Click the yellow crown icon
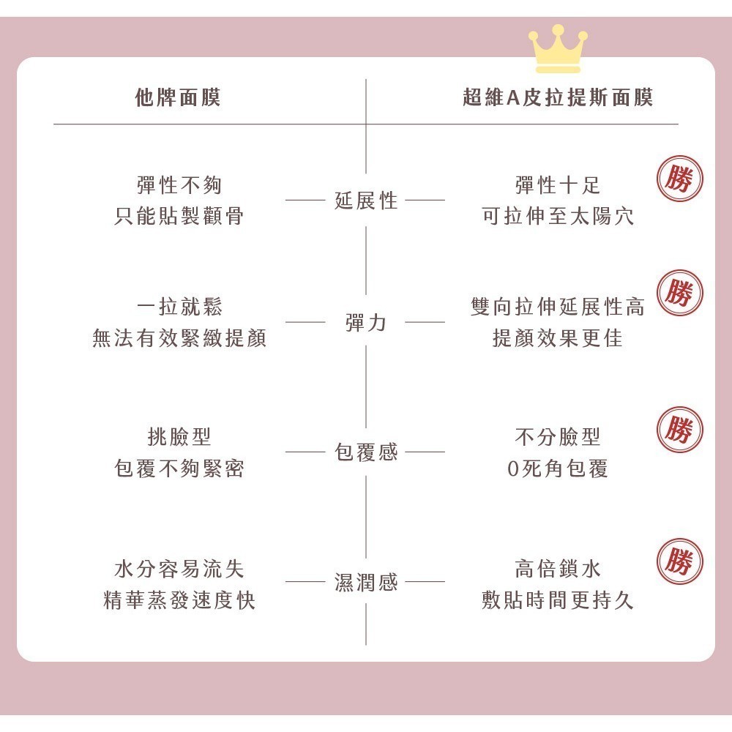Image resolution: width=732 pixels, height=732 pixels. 558,49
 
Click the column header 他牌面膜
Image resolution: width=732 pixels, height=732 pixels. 178,97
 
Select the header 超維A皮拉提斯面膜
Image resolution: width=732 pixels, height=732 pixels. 558,97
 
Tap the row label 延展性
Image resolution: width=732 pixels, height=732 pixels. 366,201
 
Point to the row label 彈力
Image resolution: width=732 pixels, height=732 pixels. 366,323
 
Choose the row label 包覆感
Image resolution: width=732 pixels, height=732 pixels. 366,452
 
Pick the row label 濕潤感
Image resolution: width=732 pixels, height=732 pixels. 366,582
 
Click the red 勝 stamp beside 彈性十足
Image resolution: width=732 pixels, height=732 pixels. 680,179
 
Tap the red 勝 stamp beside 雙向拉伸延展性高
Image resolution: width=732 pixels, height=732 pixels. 680,293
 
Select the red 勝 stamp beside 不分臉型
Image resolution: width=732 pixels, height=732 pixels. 680,430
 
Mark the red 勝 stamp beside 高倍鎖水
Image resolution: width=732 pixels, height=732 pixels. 680,561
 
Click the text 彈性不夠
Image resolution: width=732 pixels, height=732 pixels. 179,185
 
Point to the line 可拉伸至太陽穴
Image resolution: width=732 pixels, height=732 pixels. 558,216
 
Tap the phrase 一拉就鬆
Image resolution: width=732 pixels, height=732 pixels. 179,307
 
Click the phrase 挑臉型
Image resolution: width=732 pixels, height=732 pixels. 179,437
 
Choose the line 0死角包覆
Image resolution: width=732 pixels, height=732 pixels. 558,468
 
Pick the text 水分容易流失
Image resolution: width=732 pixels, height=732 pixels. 179,569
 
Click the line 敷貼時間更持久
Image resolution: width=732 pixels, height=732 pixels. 558,600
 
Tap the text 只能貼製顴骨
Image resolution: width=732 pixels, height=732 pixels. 179,216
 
